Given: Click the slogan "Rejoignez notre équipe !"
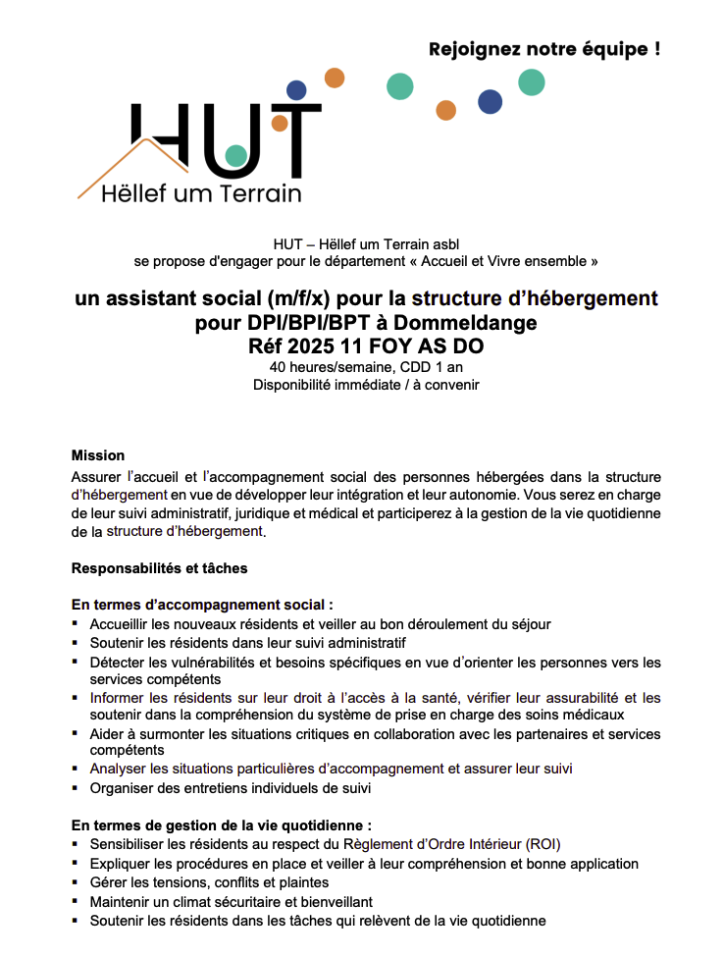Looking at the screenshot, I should pyautogui.click(x=543, y=49).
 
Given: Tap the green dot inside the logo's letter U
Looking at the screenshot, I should pyautogui.click(x=235, y=155).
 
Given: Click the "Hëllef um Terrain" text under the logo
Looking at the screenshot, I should pyautogui.click(x=201, y=194).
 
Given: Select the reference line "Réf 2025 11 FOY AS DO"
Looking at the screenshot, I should pyautogui.click(x=366, y=346).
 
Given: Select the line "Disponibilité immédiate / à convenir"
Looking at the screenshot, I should pyautogui.click(x=366, y=384).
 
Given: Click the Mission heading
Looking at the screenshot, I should pyautogui.click(x=98, y=455).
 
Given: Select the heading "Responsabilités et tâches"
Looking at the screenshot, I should pyautogui.click(x=160, y=568).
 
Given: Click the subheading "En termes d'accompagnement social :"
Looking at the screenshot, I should pyautogui.click(x=202, y=606).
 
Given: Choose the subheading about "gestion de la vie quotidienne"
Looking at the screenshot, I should pyautogui.click(x=222, y=825).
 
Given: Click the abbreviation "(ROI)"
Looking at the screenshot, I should pyautogui.click(x=543, y=844).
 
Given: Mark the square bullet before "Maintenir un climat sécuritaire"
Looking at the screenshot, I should pyautogui.click(x=77, y=901).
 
